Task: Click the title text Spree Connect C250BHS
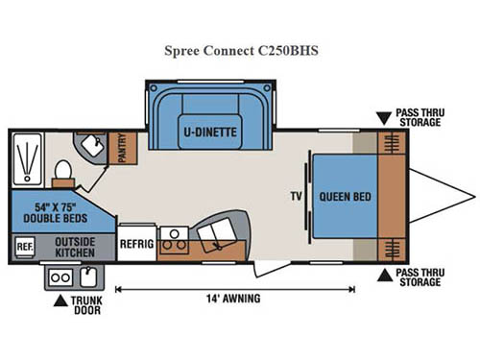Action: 239,50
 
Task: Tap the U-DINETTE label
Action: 211,130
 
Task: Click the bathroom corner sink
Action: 93,144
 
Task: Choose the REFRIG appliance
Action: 136,244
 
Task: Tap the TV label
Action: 296,197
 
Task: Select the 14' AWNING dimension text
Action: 233,299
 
